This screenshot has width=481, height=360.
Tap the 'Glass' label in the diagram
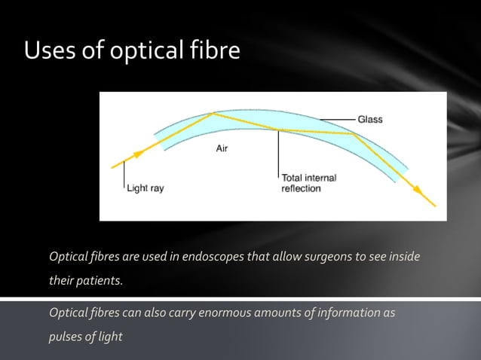(x=370, y=119)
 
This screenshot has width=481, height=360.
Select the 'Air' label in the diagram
(x=222, y=149)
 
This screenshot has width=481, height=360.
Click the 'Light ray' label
(x=145, y=188)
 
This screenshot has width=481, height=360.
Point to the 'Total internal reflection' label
(x=308, y=183)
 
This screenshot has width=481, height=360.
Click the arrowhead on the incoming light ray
(x=139, y=154)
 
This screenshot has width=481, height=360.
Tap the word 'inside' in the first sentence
(x=402, y=257)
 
